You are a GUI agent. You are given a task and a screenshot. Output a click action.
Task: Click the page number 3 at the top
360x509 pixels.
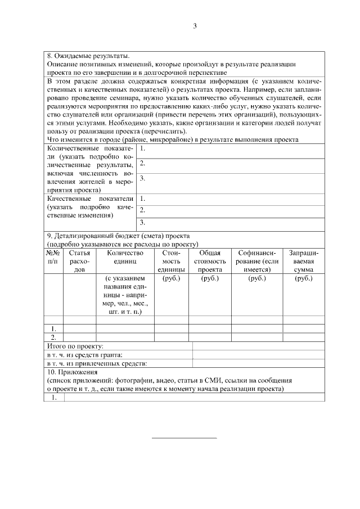coord(194,26)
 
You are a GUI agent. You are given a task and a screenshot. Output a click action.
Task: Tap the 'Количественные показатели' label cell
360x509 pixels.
coord(90,169)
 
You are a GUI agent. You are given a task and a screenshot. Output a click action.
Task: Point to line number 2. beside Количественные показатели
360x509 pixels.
coord(143,164)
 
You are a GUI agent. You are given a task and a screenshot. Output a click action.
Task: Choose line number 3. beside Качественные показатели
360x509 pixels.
coord(143,223)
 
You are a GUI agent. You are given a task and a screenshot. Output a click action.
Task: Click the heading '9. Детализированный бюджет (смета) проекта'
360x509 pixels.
coord(119,236)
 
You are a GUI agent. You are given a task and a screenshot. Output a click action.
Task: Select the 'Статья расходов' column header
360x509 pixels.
coord(79,261)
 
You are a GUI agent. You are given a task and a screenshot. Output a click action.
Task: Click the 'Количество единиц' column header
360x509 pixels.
coord(125,257)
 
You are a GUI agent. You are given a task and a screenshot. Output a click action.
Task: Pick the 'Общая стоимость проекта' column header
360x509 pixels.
coord(209,261)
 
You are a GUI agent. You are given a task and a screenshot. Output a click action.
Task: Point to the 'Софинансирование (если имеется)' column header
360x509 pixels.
coord(258,261)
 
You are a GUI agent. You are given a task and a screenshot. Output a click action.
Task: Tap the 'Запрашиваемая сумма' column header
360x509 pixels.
coord(303,261)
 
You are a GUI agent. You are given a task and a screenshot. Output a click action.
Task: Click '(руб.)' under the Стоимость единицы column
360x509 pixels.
coord(171,278)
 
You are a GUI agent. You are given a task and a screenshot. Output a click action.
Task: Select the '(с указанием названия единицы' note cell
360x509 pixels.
coord(125,294)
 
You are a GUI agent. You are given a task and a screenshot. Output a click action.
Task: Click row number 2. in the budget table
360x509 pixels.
coord(53,337)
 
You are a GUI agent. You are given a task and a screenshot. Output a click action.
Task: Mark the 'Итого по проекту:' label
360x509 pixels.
coord(75,346)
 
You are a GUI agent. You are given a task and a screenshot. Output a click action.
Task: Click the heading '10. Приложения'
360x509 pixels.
coord(73,372)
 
